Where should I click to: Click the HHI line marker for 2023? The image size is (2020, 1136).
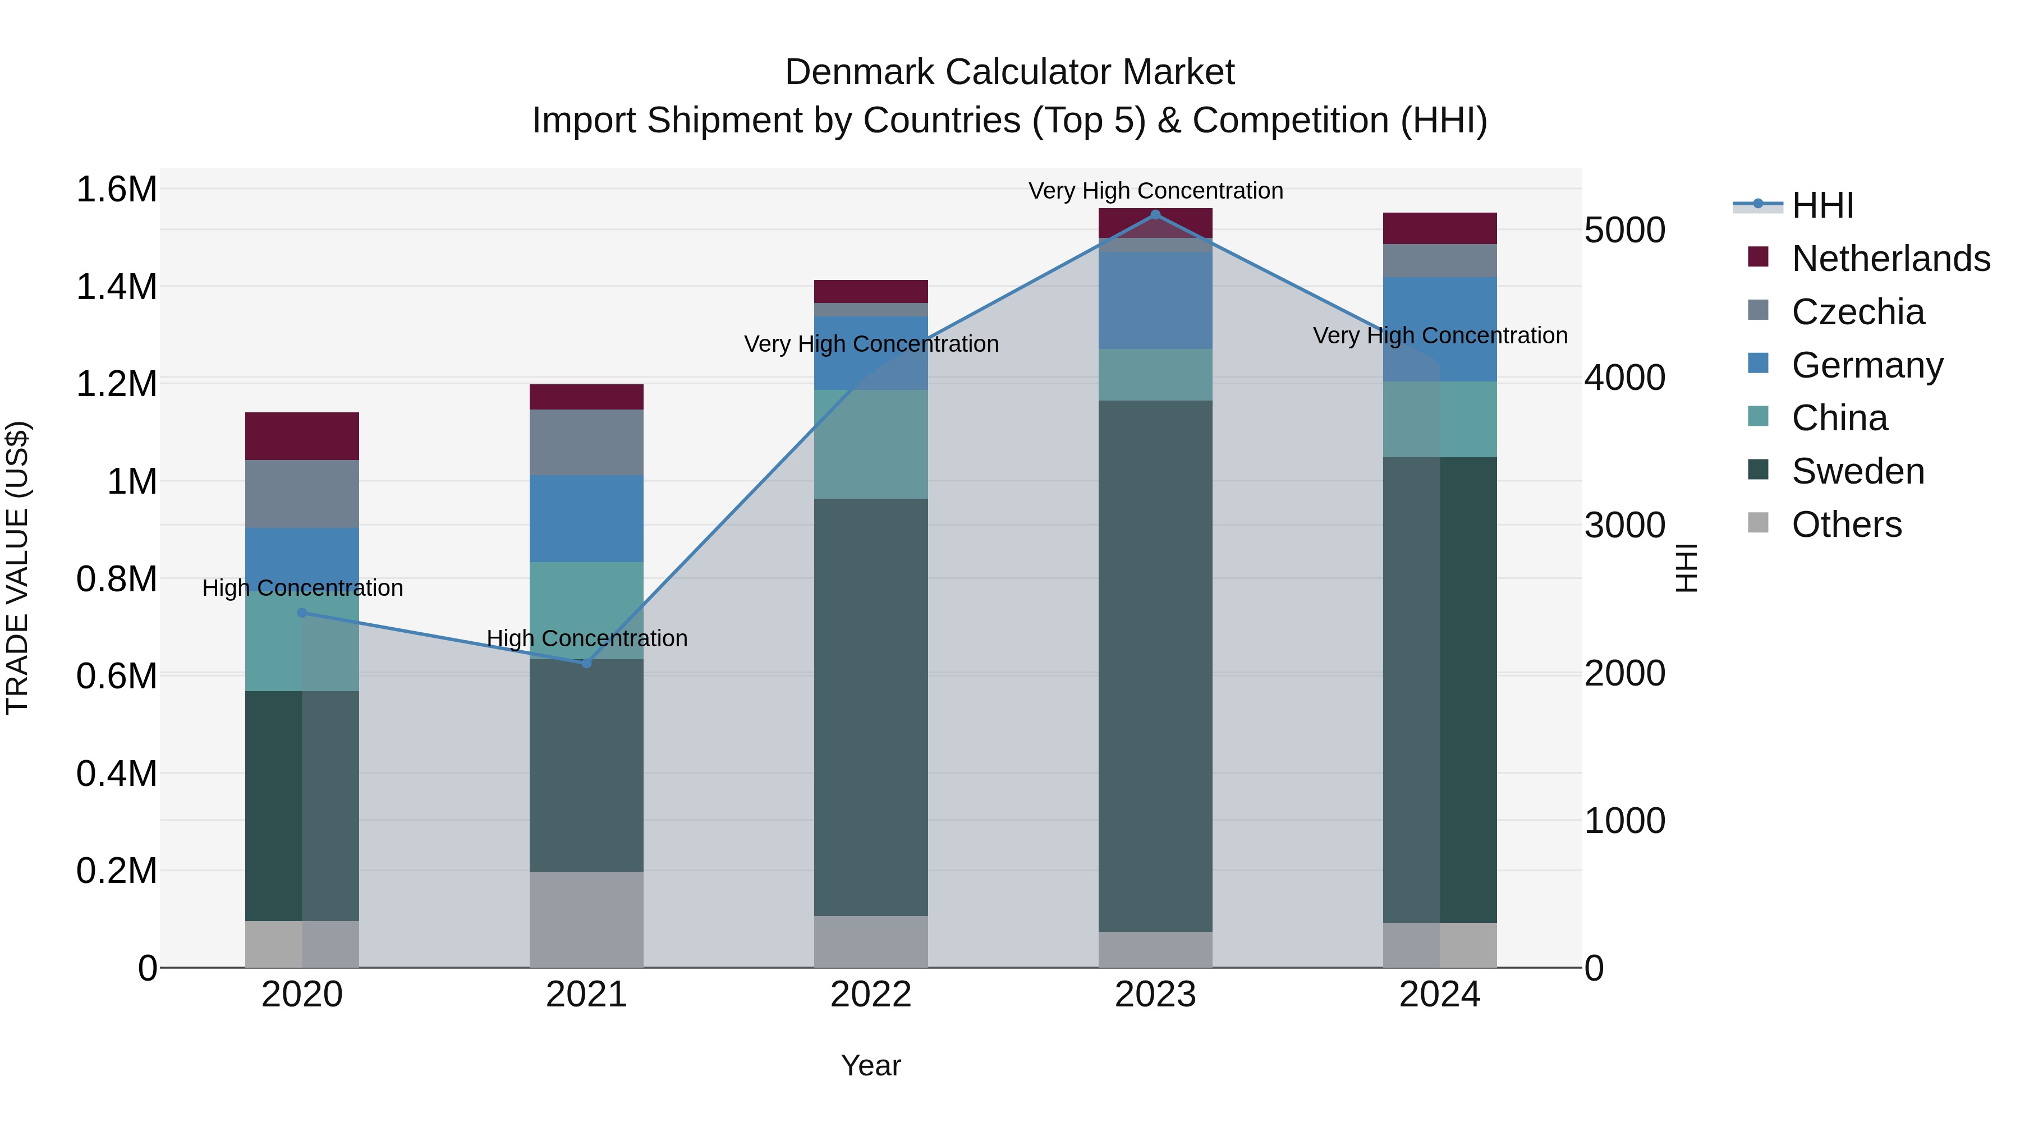[1155, 214]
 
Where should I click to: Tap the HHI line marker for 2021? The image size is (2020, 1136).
[586, 663]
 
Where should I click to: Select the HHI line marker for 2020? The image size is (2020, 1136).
[302, 613]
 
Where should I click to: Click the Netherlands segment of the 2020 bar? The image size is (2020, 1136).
[302, 436]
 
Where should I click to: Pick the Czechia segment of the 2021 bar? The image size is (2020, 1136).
[586, 442]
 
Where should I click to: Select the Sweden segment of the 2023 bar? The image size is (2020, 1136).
[1155, 666]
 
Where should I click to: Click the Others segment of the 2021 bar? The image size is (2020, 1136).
[586, 919]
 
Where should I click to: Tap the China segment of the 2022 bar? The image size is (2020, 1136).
[870, 444]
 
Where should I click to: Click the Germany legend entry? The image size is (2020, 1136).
[1866, 365]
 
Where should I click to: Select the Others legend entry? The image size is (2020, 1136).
[1846, 525]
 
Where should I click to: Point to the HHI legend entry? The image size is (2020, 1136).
[1821, 205]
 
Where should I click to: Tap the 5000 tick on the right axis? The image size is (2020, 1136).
[1624, 231]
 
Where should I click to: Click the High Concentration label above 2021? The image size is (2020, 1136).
[586, 638]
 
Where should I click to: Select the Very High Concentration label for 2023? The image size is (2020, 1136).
[1155, 191]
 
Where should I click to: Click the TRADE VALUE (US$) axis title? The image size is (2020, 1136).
[17, 568]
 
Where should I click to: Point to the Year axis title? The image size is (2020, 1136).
[870, 1065]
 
